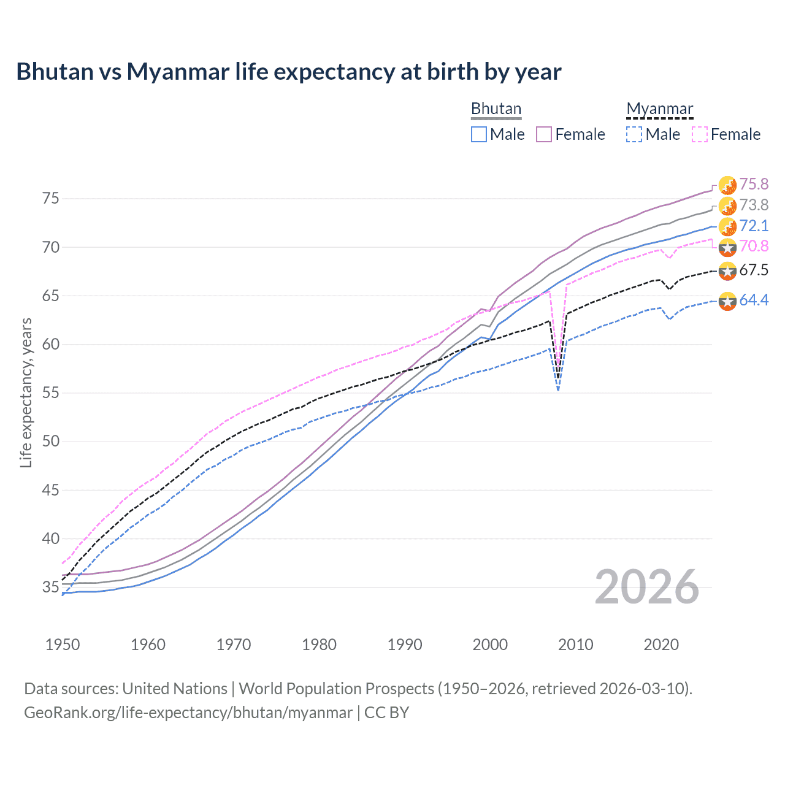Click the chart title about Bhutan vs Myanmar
coord(288,72)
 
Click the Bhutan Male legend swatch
coord(479,134)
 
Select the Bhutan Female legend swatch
coord(544,134)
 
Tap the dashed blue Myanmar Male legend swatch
coord(634,134)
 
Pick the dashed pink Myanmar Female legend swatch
coord(700,134)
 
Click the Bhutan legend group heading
coord(496,109)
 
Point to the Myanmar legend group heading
coord(659,109)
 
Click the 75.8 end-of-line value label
coord(754,184)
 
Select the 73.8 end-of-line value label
coord(754,205)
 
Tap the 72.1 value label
coord(754,226)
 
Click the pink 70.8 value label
coord(754,246)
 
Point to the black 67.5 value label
coord(754,270)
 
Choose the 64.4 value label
coord(754,300)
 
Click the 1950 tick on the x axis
coord(63,645)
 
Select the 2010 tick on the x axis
coord(575,645)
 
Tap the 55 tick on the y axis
coord(51,392)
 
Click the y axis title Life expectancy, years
coord(26,392)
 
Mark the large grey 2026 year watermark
coord(647,587)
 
